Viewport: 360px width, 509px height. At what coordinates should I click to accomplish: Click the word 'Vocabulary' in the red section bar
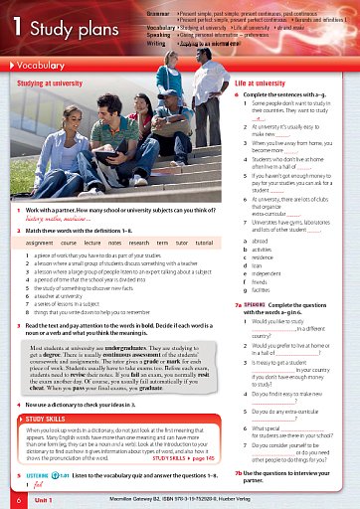[x=49, y=66]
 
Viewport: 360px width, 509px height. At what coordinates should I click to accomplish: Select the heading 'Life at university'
[x=260, y=85]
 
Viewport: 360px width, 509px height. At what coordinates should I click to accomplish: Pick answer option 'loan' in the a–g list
[x=259, y=266]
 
